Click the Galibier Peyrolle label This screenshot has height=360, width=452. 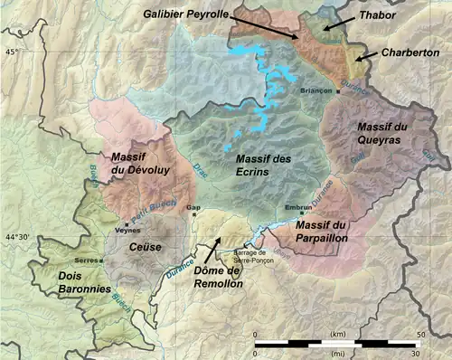[x=187, y=14]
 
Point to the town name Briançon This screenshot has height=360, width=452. [x=316, y=92]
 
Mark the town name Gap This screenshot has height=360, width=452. [x=193, y=207]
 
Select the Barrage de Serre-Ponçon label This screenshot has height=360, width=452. [x=255, y=255]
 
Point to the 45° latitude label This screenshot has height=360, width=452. [x=12, y=52]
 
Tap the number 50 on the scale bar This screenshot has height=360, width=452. [x=419, y=336]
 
